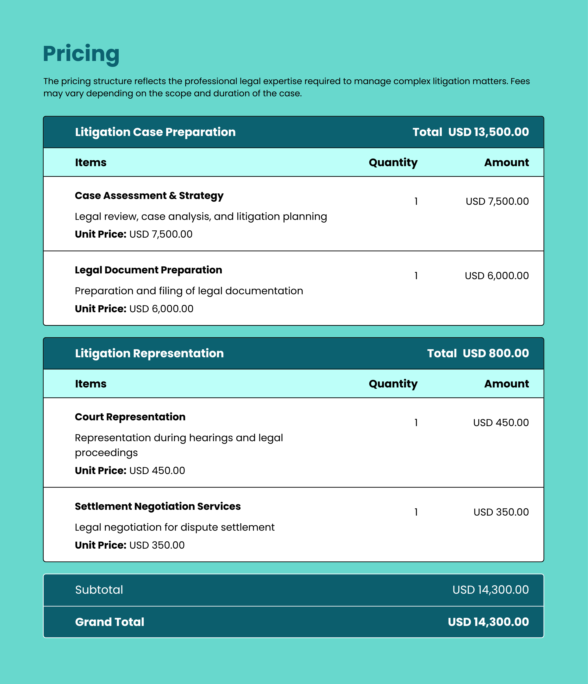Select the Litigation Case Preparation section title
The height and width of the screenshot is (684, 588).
coord(155,132)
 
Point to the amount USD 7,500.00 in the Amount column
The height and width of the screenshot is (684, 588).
coord(497,201)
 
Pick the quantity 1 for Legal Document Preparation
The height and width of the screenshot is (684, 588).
coord(416,276)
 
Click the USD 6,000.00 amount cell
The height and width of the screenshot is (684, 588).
coord(497,276)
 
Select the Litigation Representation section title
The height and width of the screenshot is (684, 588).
coord(149,353)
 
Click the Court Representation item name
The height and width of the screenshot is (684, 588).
coord(130,417)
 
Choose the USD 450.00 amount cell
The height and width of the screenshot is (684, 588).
coord(501,423)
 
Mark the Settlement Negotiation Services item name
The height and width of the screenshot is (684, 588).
coord(158,506)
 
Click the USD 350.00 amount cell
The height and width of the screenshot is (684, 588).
coord(501,512)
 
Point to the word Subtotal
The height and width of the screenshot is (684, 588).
coord(99,590)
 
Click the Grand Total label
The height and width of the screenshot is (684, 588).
coord(110,622)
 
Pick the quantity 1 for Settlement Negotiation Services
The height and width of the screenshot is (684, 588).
coord(416,512)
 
